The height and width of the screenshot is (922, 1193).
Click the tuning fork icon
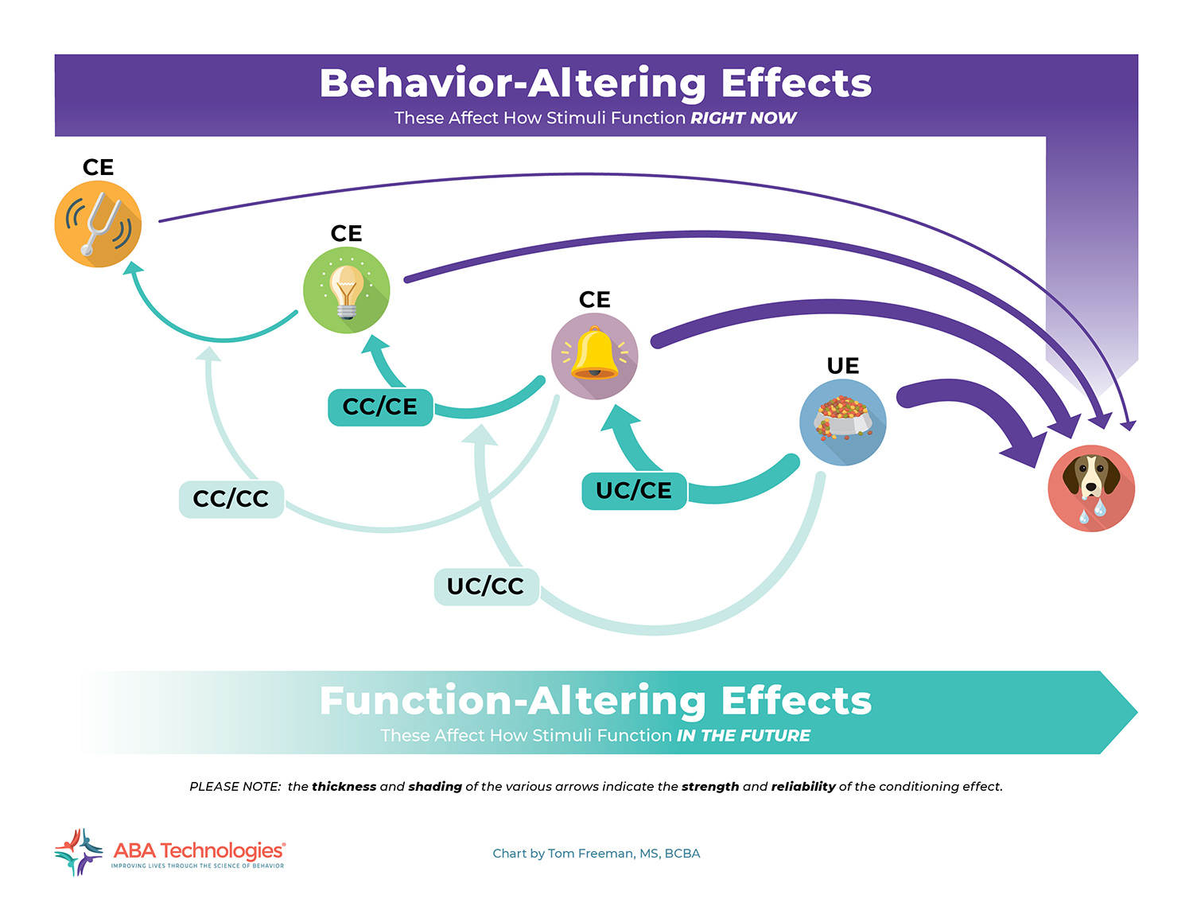click(x=98, y=224)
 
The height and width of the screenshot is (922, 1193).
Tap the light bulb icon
click(x=347, y=290)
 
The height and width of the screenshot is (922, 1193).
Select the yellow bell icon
click(x=595, y=356)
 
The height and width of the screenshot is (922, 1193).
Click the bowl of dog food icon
click(x=843, y=422)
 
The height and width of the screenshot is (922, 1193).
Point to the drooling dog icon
click(x=1091, y=488)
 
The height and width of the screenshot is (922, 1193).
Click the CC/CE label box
click(x=380, y=407)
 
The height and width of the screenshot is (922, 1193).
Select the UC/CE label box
click(x=634, y=491)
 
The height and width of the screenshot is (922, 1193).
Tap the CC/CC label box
click(x=231, y=499)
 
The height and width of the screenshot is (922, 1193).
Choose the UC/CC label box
click(x=487, y=587)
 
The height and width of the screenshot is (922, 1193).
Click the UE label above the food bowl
click(x=843, y=366)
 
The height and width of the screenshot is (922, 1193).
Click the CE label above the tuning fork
click(x=99, y=167)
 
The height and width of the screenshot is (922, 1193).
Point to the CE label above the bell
click(x=595, y=299)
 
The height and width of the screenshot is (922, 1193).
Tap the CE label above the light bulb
click(x=347, y=233)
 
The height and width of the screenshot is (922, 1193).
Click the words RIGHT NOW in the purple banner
click(x=744, y=118)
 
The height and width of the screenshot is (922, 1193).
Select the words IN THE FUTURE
click(x=744, y=735)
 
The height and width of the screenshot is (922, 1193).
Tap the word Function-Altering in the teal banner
click(x=513, y=702)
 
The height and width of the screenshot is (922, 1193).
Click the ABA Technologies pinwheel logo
click(x=79, y=852)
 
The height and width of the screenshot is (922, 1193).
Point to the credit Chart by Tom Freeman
click(x=596, y=854)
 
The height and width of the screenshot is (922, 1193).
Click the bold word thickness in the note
click(x=344, y=786)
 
